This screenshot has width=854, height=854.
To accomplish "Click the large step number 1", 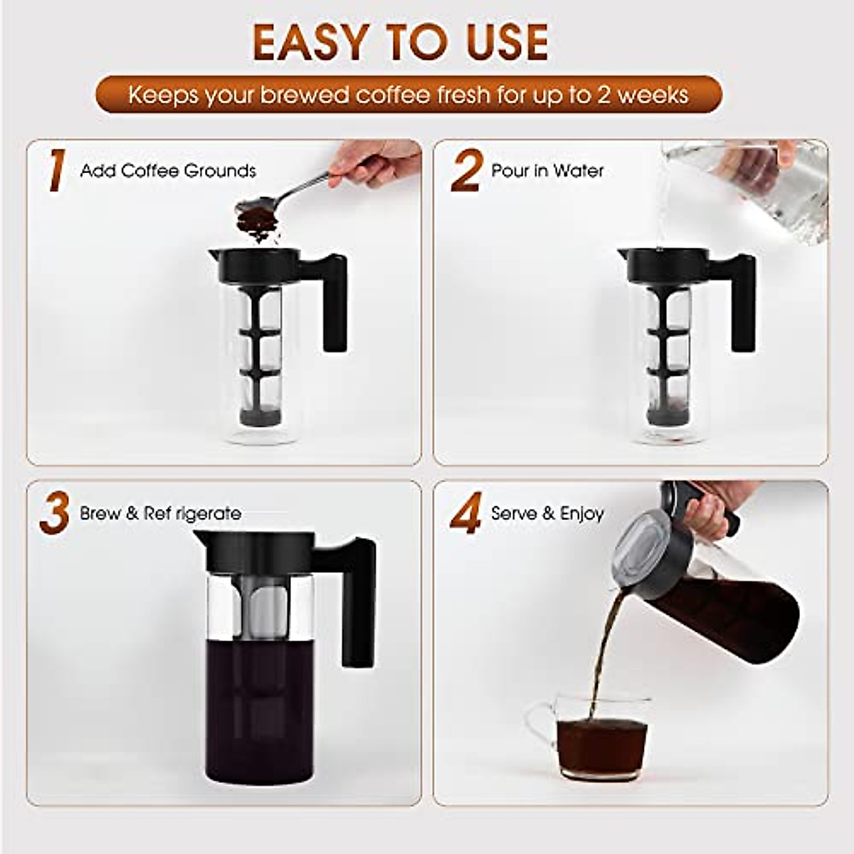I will [56, 171].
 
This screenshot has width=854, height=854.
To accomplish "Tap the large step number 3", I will [54, 514].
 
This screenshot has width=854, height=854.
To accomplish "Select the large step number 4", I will [466, 514].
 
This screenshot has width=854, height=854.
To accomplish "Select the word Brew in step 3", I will [100, 514].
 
